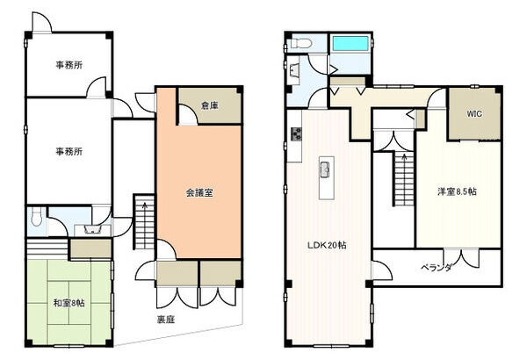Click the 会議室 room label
coord(199,193)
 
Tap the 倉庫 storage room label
coord(210,106)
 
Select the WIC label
coord(474,114)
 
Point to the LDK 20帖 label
coord(327,245)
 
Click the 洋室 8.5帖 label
coord(457,191)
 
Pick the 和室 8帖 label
coord(69,303)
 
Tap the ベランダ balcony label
coord(437,268)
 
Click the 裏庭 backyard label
coord(166,320)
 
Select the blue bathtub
coord(350,43)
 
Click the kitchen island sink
coord(326,169)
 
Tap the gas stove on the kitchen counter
coord(297,133)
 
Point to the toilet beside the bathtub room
coord(300,43)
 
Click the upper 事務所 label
coord(69,65)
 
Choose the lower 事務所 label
coord(69,152)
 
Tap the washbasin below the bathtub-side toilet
coord(293,70)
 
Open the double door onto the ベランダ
coord(461,258)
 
